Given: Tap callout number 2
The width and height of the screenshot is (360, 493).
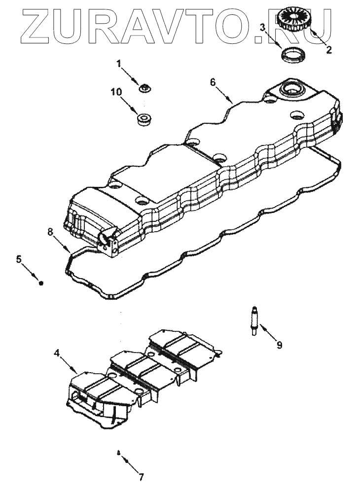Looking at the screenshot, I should click(x=329, y=49).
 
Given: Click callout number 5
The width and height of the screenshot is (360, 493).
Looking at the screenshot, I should click(x=19, y=259).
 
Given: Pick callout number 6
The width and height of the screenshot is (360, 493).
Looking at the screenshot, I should click(x=213, y=82).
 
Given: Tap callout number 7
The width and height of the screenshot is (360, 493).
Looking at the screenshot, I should click(x=141, y=477).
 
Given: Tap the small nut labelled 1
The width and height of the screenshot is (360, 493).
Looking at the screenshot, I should click(x=145, y=88).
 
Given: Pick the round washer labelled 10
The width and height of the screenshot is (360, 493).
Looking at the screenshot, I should click(x=144, y=119).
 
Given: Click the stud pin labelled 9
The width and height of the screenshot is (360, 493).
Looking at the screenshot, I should click(x=254, y=321).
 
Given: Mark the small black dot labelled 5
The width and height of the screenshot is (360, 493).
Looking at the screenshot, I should click(x=41, y=283).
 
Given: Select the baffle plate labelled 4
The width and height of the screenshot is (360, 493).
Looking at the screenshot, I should click(x=143, y=375).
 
